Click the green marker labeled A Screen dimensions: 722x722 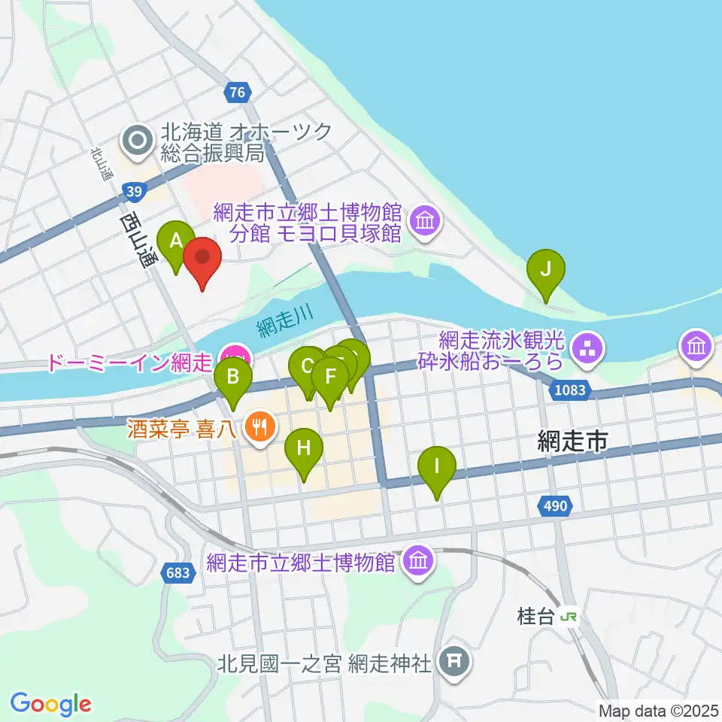click(x=176, y=242)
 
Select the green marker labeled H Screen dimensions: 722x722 click(x=304, y=449)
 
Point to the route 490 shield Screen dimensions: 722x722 click(x=554, y=507)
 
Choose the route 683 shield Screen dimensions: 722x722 click(x=178, y=573)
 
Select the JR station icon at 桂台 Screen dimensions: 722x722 click(x=570, y=617)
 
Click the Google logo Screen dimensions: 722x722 click(x=50, y=704)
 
